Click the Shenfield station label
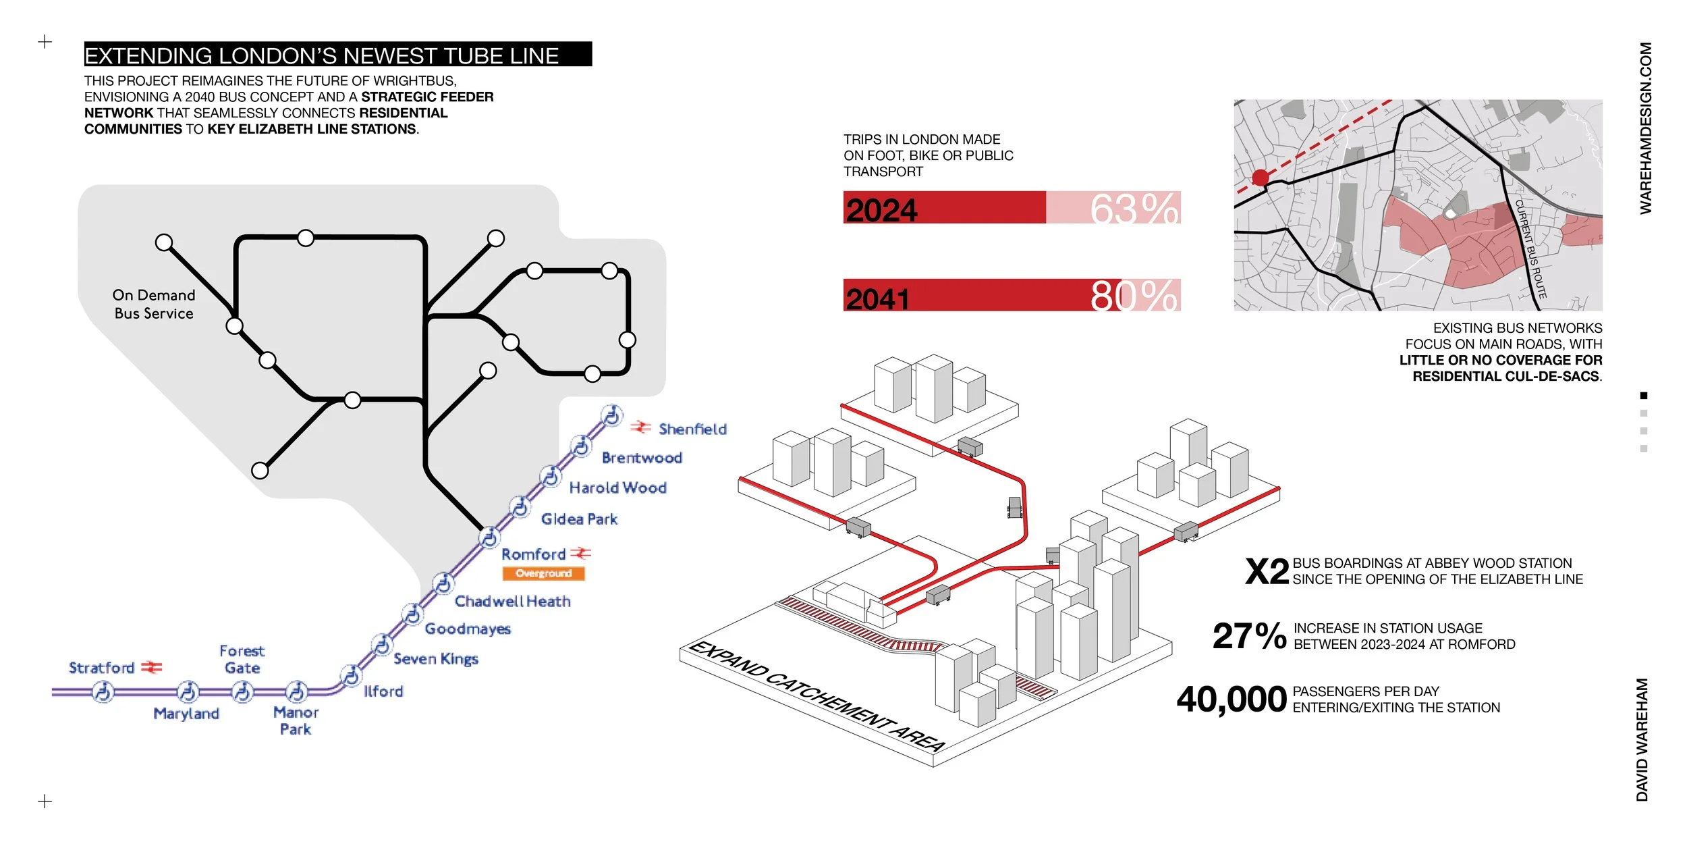pos(692,429)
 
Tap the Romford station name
pos(533,554)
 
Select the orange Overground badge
pos(543,573)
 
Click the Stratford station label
pos(102,668)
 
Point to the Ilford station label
pos(383,691)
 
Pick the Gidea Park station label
pos(579,519)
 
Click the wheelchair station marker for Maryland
pos(188,691)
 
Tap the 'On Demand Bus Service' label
pos(154,304)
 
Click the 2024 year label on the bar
pos(882,210)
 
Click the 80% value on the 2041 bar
pos(1135,296)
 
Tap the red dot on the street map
pos(1261,178)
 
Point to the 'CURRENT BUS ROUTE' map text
pos(1530,249)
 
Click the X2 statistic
pos(1267,572)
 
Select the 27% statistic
pos(1249,636)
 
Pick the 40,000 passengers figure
pos(1232,700)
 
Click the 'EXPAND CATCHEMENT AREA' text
pos(817,696)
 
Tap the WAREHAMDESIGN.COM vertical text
pos(1646,128)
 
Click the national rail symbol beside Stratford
pos(152,667)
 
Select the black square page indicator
pos(1644,396)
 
